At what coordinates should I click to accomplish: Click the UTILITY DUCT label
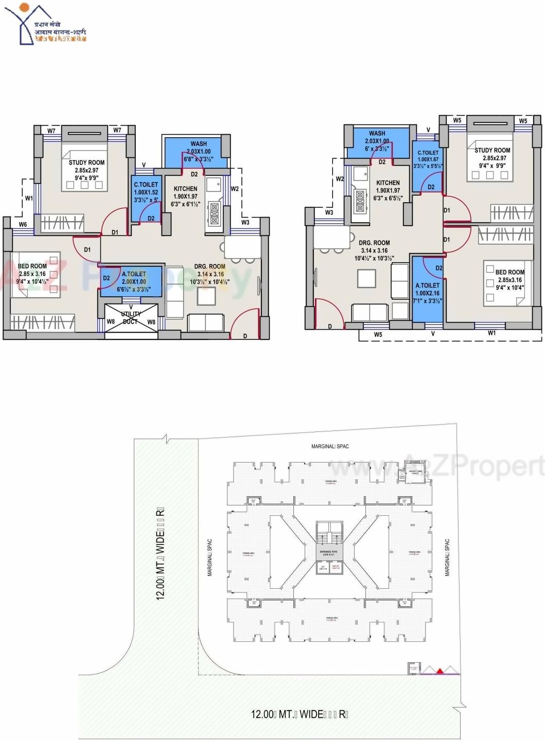(x=131, y=318)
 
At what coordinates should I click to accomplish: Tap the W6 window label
(x=23, y=225)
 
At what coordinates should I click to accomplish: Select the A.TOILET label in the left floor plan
(x=134, y=274)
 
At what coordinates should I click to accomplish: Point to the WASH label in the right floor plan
(x=377, y=133)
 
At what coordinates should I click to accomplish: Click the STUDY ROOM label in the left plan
(x=86, y=162)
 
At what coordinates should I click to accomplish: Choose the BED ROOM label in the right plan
(x=509, y=272)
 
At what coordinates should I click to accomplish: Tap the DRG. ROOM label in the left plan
(x=209, y=267)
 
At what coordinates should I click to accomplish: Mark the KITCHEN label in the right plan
(x=388, y=183)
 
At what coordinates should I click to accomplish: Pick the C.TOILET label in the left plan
(x=146, y=185)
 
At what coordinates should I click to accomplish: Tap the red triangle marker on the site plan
(x=440, y=671)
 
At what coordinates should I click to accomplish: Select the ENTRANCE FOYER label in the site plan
(x=328, y=552)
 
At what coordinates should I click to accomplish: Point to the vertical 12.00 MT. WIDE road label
(x=161, y=553)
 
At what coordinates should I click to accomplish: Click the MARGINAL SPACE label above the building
(x=330, y=446)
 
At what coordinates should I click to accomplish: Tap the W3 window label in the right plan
(x=329, y=212)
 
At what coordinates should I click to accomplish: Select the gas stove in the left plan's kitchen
(x=213, y=214)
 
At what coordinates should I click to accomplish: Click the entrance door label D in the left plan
(x=245, y=336)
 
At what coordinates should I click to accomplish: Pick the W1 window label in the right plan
(x=492, y=333)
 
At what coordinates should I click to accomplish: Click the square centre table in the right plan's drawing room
(x=366, y=278)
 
